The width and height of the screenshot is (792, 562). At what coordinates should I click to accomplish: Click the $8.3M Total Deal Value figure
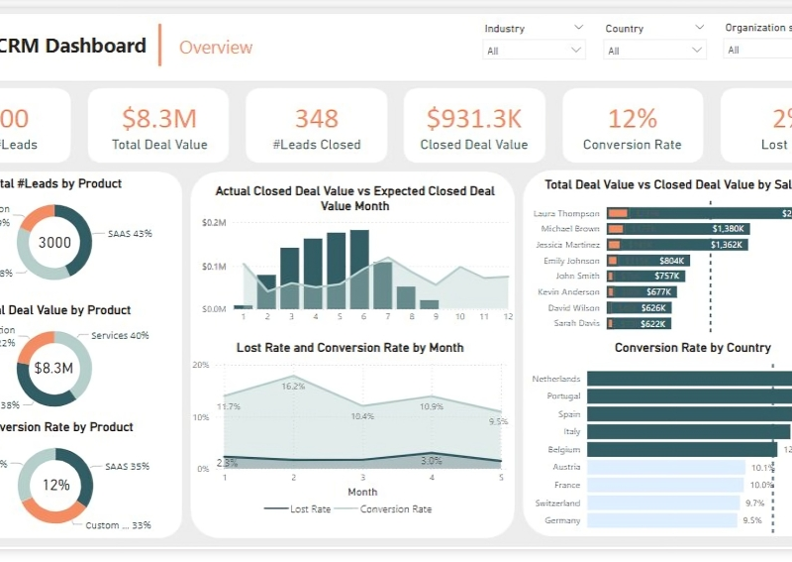[159, 119]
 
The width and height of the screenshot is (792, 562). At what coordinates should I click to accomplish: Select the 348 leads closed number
[317, 119]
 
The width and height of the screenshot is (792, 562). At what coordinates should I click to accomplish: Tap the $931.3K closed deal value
[474, 119]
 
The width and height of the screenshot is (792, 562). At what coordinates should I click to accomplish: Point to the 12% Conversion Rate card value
[633, 119]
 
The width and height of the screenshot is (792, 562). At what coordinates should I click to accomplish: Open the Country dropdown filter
[655, 50]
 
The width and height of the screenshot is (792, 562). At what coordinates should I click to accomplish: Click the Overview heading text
[216, 47]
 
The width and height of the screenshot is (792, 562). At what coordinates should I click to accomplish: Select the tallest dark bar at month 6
[359, 270]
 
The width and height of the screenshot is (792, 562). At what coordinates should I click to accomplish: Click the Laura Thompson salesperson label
[566, 213]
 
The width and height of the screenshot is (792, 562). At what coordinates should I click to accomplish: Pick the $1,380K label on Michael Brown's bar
[728, 229]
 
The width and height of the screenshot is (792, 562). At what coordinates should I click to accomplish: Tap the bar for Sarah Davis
[640, 323]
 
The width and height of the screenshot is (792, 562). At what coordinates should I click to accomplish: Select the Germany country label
[562, 520]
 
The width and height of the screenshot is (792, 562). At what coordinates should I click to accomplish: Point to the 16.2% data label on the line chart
[293, 387]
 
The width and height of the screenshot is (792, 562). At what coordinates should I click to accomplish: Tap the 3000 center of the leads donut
[54, 242]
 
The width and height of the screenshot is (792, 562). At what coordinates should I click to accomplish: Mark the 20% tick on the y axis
[200, 365]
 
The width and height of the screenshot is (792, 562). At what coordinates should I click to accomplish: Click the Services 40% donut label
[120, 335]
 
